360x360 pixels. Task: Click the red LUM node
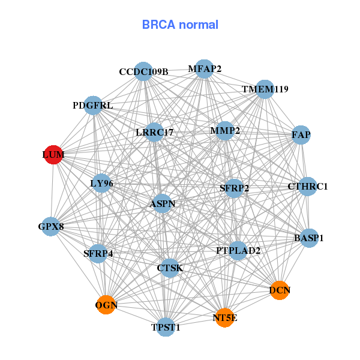click(53, 154)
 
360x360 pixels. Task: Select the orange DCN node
click(280, 290)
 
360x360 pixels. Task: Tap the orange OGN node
click(106, 305)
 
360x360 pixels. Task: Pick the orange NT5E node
click(224, 317)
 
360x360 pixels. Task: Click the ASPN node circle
click(162, 204)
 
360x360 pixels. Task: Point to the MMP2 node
click(224, 131)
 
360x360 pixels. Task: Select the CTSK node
click(170, 268)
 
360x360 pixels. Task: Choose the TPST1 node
click(166, 327)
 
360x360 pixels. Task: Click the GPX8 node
click(51, 226)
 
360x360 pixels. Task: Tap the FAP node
click(301, 135)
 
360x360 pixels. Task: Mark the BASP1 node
click(309, 238)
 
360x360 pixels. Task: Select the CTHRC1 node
click(308, 186)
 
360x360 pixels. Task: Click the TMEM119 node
click(265, 89)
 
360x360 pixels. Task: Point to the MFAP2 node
click(204, 69)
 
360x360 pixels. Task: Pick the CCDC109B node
click(143, 71)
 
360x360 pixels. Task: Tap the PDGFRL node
click(93, 106)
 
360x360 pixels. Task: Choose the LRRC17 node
click(155, 132)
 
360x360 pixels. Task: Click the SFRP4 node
click(98, 253)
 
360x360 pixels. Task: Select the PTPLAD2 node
click(238, 250)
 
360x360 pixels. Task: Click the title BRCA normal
click(180, 25)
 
